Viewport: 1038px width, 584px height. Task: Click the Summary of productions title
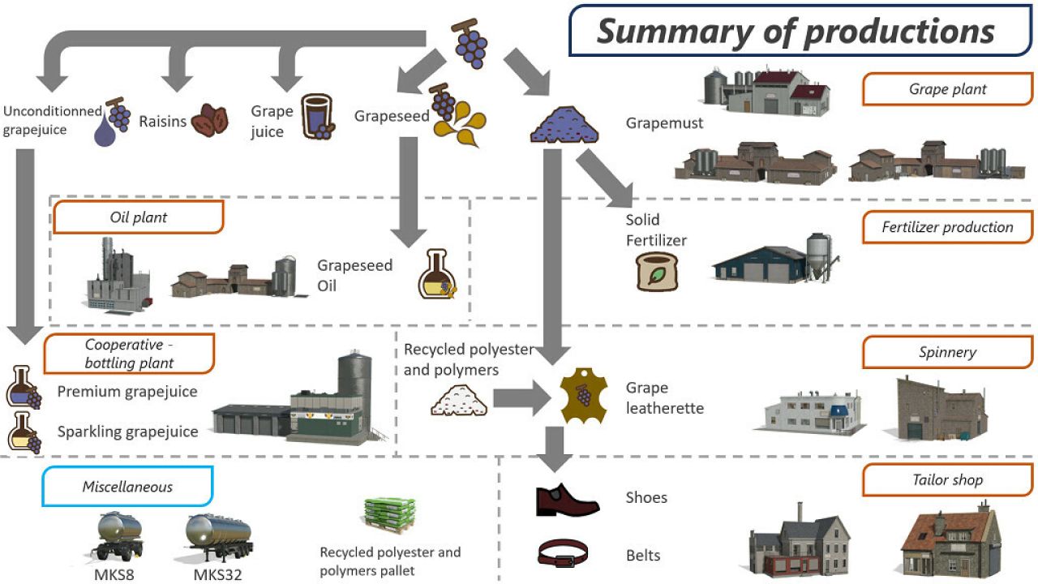tap(796, 31)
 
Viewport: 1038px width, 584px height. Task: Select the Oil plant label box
tap(138, 217)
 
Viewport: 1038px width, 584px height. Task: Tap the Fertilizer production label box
tap(947, 228)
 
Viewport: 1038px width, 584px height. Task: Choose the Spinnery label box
tap(947, 353)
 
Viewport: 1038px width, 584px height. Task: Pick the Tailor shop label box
tap(947, 480)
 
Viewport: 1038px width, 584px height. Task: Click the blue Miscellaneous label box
tap(127, 487)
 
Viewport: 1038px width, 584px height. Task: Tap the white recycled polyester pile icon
tap(458, 398)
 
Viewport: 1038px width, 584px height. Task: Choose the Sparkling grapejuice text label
tap(127, 432)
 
